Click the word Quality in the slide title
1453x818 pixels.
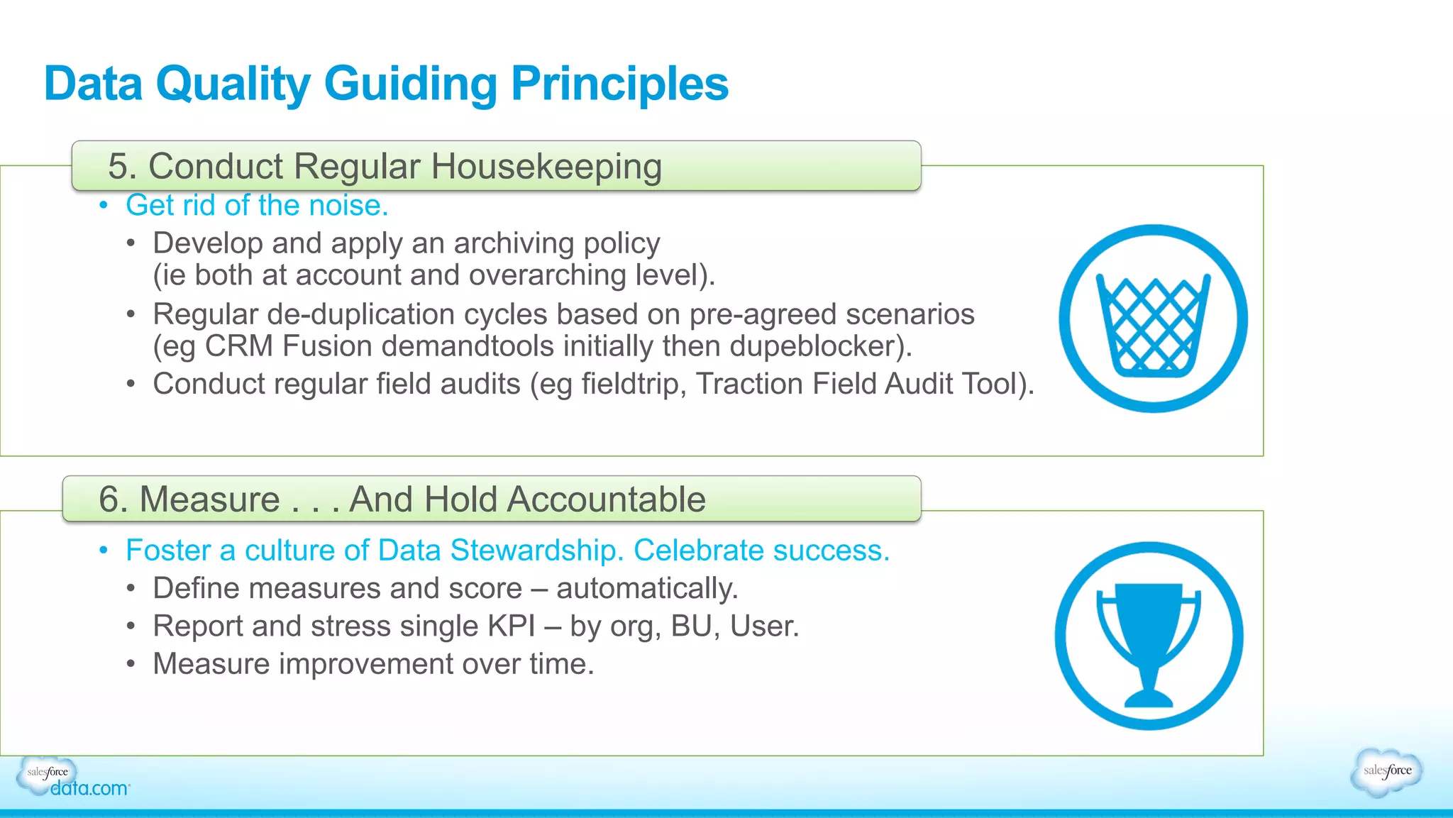coord(233,84)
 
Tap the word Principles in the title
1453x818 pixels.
coord(619,84)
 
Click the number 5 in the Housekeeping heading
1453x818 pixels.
coord(117,167)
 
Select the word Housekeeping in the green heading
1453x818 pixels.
coord(546,167)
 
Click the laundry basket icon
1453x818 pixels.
coord(1153,319)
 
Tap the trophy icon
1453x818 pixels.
coord(1149,636)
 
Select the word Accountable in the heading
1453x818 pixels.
coord(607,499)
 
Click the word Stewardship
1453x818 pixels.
coord(536,551)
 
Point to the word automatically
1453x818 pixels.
coord(646,589)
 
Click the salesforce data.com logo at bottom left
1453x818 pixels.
coord(71,779)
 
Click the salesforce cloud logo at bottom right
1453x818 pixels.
coord(1387,772)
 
